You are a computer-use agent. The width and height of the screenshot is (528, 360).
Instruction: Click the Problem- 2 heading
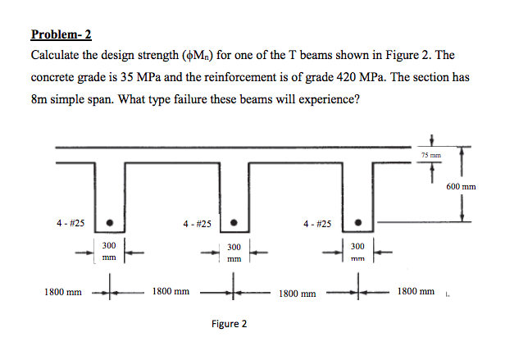[61, 34]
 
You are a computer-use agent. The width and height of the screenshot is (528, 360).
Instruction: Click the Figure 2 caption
[229, 324]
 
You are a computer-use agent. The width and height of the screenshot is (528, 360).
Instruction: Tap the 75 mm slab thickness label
[431, 155]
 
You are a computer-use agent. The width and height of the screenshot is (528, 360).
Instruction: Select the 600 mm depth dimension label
[461, 187]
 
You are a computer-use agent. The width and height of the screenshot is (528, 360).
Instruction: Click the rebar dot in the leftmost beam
[109, 222]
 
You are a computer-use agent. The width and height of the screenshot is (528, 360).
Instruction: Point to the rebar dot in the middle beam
[234, 222]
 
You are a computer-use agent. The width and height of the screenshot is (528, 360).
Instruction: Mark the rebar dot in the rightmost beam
[358, 222]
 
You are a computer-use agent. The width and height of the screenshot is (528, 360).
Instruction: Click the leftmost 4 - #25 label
[71, 223]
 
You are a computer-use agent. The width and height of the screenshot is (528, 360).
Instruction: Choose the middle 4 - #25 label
[198, 224]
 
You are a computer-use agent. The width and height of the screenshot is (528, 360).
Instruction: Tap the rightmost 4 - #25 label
[317, 224]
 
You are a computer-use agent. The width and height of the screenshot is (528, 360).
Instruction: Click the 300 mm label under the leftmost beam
[109, 251]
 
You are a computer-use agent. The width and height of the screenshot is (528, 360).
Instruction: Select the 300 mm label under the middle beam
[234, 253]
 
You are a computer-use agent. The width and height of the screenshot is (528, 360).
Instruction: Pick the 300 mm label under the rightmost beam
[357, 253]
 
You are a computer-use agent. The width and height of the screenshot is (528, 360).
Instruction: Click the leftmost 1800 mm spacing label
[63, 292]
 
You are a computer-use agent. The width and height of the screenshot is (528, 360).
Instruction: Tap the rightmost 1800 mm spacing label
[416, 291]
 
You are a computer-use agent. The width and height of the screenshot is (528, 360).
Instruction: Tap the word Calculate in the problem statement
[55, 55]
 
